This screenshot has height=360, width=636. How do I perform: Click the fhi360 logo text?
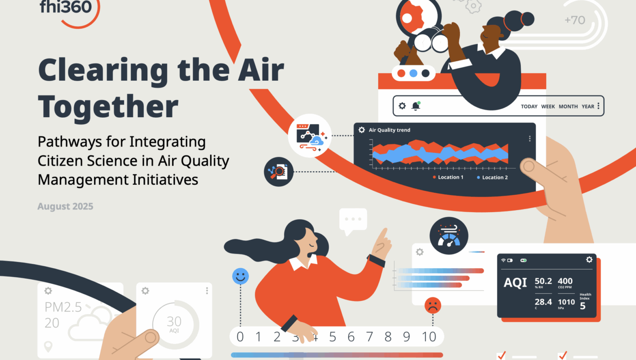point(66,7)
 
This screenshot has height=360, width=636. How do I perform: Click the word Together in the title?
point(108,107)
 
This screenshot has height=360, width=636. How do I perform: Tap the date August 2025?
point(65,206)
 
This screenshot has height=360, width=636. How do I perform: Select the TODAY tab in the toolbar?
point(529,107)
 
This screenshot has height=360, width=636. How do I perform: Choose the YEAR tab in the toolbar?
point(588,107)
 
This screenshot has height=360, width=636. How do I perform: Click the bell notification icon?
point(416,106)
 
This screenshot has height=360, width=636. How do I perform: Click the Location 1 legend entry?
point(448,177)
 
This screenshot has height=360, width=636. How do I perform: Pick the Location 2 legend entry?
point(492,177)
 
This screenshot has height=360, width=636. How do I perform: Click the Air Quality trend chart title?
point(389,130)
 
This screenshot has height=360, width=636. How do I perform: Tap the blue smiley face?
point(240,276)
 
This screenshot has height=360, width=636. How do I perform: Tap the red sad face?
point(433,305)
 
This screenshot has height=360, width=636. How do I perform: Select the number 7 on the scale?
point(369,337)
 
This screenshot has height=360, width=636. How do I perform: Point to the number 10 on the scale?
point(429,337)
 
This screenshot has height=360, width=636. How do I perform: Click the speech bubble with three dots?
point(353,220)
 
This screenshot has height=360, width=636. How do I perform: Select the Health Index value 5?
point(582,306)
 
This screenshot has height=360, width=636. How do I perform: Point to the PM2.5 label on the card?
point(63,307)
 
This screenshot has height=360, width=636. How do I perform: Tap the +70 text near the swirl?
point(574,20)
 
